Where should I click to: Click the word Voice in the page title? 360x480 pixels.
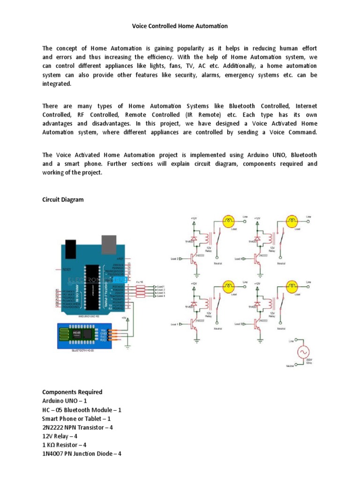(139, 26)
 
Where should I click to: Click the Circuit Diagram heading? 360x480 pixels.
(63, 200)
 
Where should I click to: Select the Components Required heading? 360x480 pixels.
(72, 392)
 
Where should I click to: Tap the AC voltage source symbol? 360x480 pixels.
(300, 353)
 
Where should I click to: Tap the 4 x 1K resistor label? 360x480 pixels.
(140, 282)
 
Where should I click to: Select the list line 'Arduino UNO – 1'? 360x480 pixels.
(65, 401)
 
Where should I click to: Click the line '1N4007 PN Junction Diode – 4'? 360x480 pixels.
(82, 453)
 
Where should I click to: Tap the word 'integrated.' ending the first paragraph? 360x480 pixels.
(57, 84)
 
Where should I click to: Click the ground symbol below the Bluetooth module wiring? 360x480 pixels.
(128, 346)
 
